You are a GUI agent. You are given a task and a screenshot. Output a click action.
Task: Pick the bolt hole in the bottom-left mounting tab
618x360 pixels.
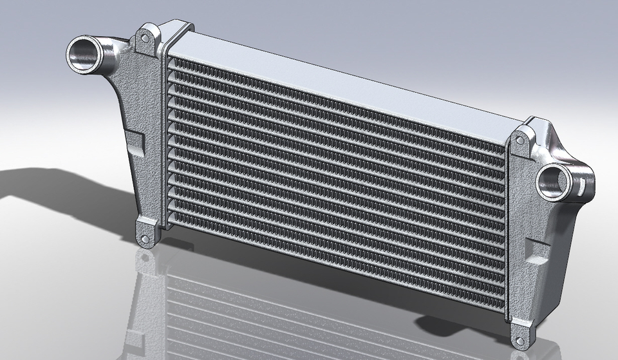point(145,239)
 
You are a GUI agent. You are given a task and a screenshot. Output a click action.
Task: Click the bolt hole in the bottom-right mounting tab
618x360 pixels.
point(520,338)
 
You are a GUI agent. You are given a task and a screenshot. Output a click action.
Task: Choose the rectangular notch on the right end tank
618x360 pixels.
point(534,251)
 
